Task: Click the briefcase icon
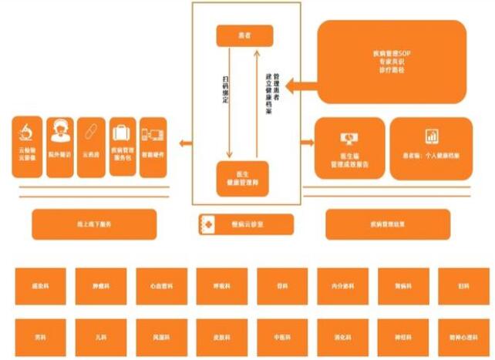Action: point(123,130)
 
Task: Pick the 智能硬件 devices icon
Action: point(153,132)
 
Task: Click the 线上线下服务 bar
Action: point(94,224)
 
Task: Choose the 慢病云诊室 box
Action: point(246,224)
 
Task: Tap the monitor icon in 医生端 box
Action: point(349,139)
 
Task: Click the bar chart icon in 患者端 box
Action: point(432,137)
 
